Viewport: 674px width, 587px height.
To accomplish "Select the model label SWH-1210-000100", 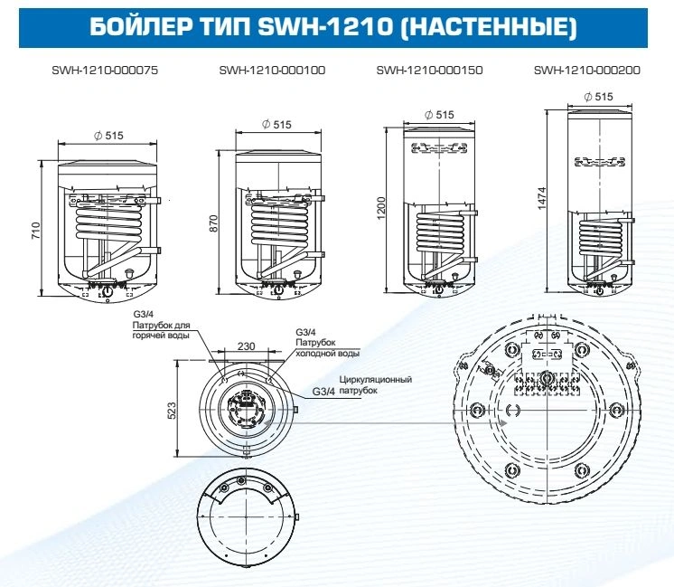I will pos(272,71).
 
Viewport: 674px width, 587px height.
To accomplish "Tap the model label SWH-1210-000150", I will pos(429,71).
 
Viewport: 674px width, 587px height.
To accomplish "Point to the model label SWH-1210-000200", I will pos(586,71).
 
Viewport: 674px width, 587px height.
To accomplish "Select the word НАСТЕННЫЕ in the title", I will pos(488,26).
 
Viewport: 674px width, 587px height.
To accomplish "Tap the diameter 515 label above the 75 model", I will pos(108,135).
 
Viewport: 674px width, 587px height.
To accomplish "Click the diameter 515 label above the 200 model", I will pos(598,95).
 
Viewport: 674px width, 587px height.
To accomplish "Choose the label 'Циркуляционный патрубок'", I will pos(375,385).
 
